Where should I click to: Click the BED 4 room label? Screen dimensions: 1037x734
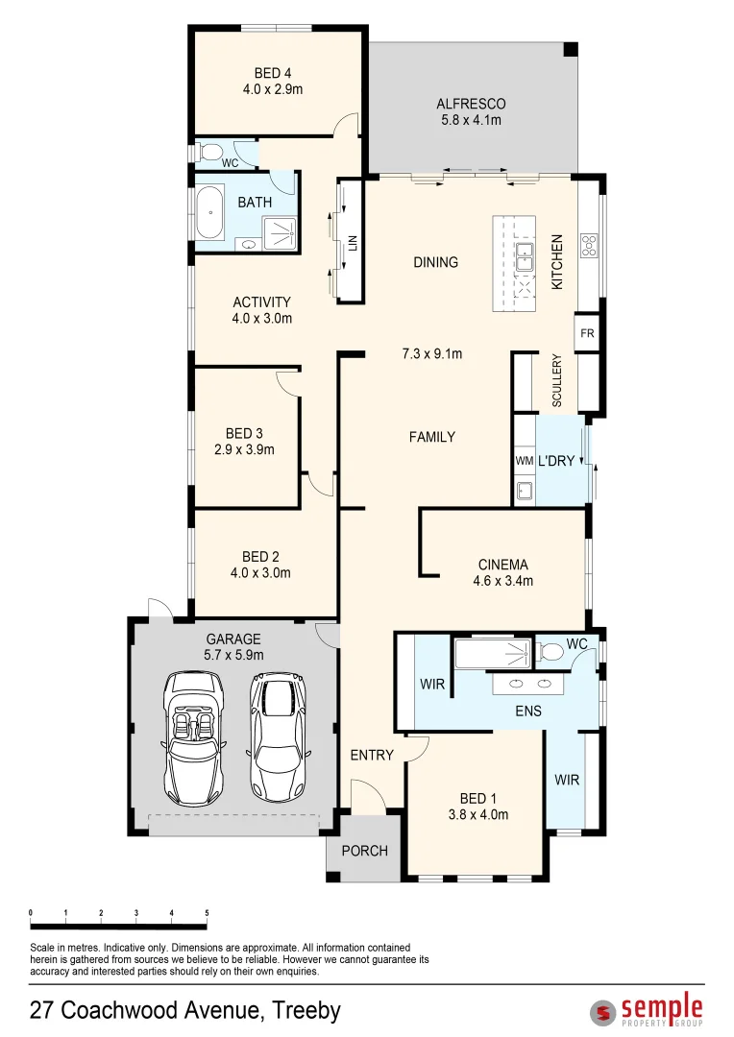(273, 73)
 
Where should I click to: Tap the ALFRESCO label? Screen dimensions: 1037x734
(471, 104)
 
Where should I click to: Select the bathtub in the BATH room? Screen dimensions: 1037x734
(210, 211)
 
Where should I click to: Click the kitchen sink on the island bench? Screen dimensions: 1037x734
(525, 257)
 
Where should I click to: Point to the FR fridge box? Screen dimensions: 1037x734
(587, 333)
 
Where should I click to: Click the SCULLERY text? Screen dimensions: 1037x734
(557, 381)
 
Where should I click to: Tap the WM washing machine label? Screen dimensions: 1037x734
(524, 461)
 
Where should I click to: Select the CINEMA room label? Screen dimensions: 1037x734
(503, 565)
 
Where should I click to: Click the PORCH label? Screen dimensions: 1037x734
(365, 851)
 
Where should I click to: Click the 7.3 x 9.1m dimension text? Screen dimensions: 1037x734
(431, 353)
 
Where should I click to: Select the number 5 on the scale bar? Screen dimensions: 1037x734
(207, 912)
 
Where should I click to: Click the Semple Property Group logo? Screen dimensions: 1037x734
(647, 1010)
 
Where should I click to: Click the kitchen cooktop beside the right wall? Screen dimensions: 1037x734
(589, 245)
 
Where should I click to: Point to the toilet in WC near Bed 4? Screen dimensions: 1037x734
(211, 151)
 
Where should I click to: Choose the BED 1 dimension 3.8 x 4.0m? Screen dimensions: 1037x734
(478, 814)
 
